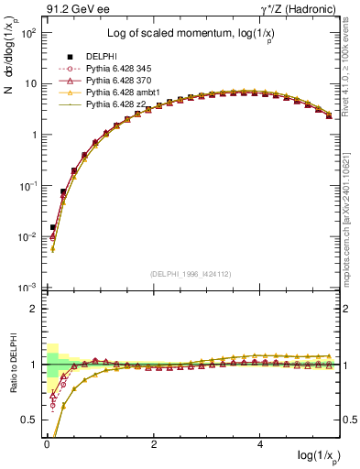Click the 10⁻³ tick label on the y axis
pyautogui.click(x=27, y=288)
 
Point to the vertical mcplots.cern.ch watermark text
pyautogui.click(x=352, y=220)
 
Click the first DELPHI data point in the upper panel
pyautogui.click(x=53, y=227)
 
